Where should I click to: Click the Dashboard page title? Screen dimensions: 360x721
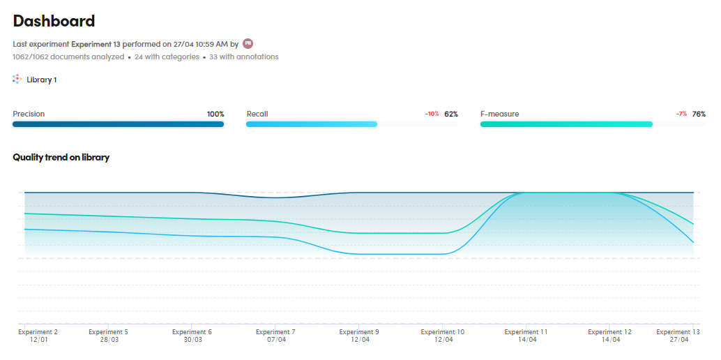54,21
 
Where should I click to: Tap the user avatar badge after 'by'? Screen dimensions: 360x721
248,43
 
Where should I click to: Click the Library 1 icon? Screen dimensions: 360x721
17,80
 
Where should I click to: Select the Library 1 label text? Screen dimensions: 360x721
42,80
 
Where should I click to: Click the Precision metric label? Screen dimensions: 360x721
29,114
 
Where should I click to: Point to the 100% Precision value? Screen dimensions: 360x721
215,114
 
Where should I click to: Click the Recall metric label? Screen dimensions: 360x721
257,114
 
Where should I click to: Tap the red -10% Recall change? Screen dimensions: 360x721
432,114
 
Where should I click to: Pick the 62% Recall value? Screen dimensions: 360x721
451,114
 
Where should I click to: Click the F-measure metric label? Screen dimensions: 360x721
499,114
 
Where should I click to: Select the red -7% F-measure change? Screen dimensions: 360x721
681,114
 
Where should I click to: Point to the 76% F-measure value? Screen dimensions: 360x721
699,114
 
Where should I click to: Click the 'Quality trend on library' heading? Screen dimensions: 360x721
61,157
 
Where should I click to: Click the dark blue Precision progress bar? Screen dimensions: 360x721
118,124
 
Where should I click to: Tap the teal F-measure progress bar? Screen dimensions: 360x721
566,124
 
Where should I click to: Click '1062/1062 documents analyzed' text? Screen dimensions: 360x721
68,57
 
